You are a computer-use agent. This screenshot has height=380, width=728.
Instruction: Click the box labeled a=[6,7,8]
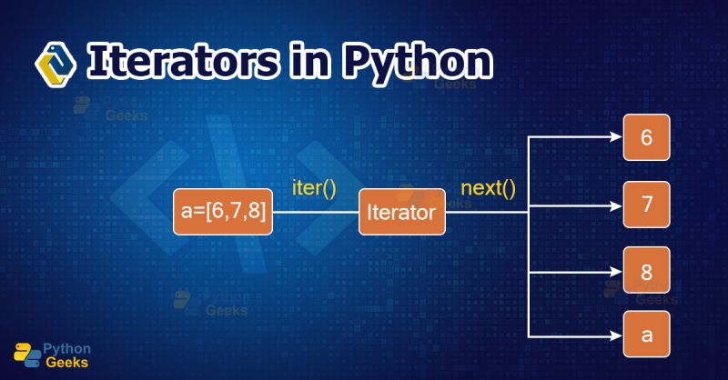pyautogui.click(x=223, y=212)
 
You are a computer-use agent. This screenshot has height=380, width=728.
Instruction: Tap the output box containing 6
pyautogui.click(x=647, y=138)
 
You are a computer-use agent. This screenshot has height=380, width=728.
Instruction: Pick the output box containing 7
pyautogui.click(x=647, y=204)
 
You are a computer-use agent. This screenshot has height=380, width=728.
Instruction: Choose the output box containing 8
pyautogui.click(x=647, y=270)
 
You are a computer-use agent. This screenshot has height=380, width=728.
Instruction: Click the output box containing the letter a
pyautogui.click(x=647, y=334)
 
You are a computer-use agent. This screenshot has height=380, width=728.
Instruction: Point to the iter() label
pyautogui.click(x=314, y=190)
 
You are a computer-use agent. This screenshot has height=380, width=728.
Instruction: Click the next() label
pyautogui.click(x=489, y=190)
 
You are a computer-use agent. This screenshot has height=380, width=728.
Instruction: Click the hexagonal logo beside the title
pyautogui.click(x=56, y=62)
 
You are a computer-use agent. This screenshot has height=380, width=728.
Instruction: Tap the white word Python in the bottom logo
pyautogui.click(x=67, y=346)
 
